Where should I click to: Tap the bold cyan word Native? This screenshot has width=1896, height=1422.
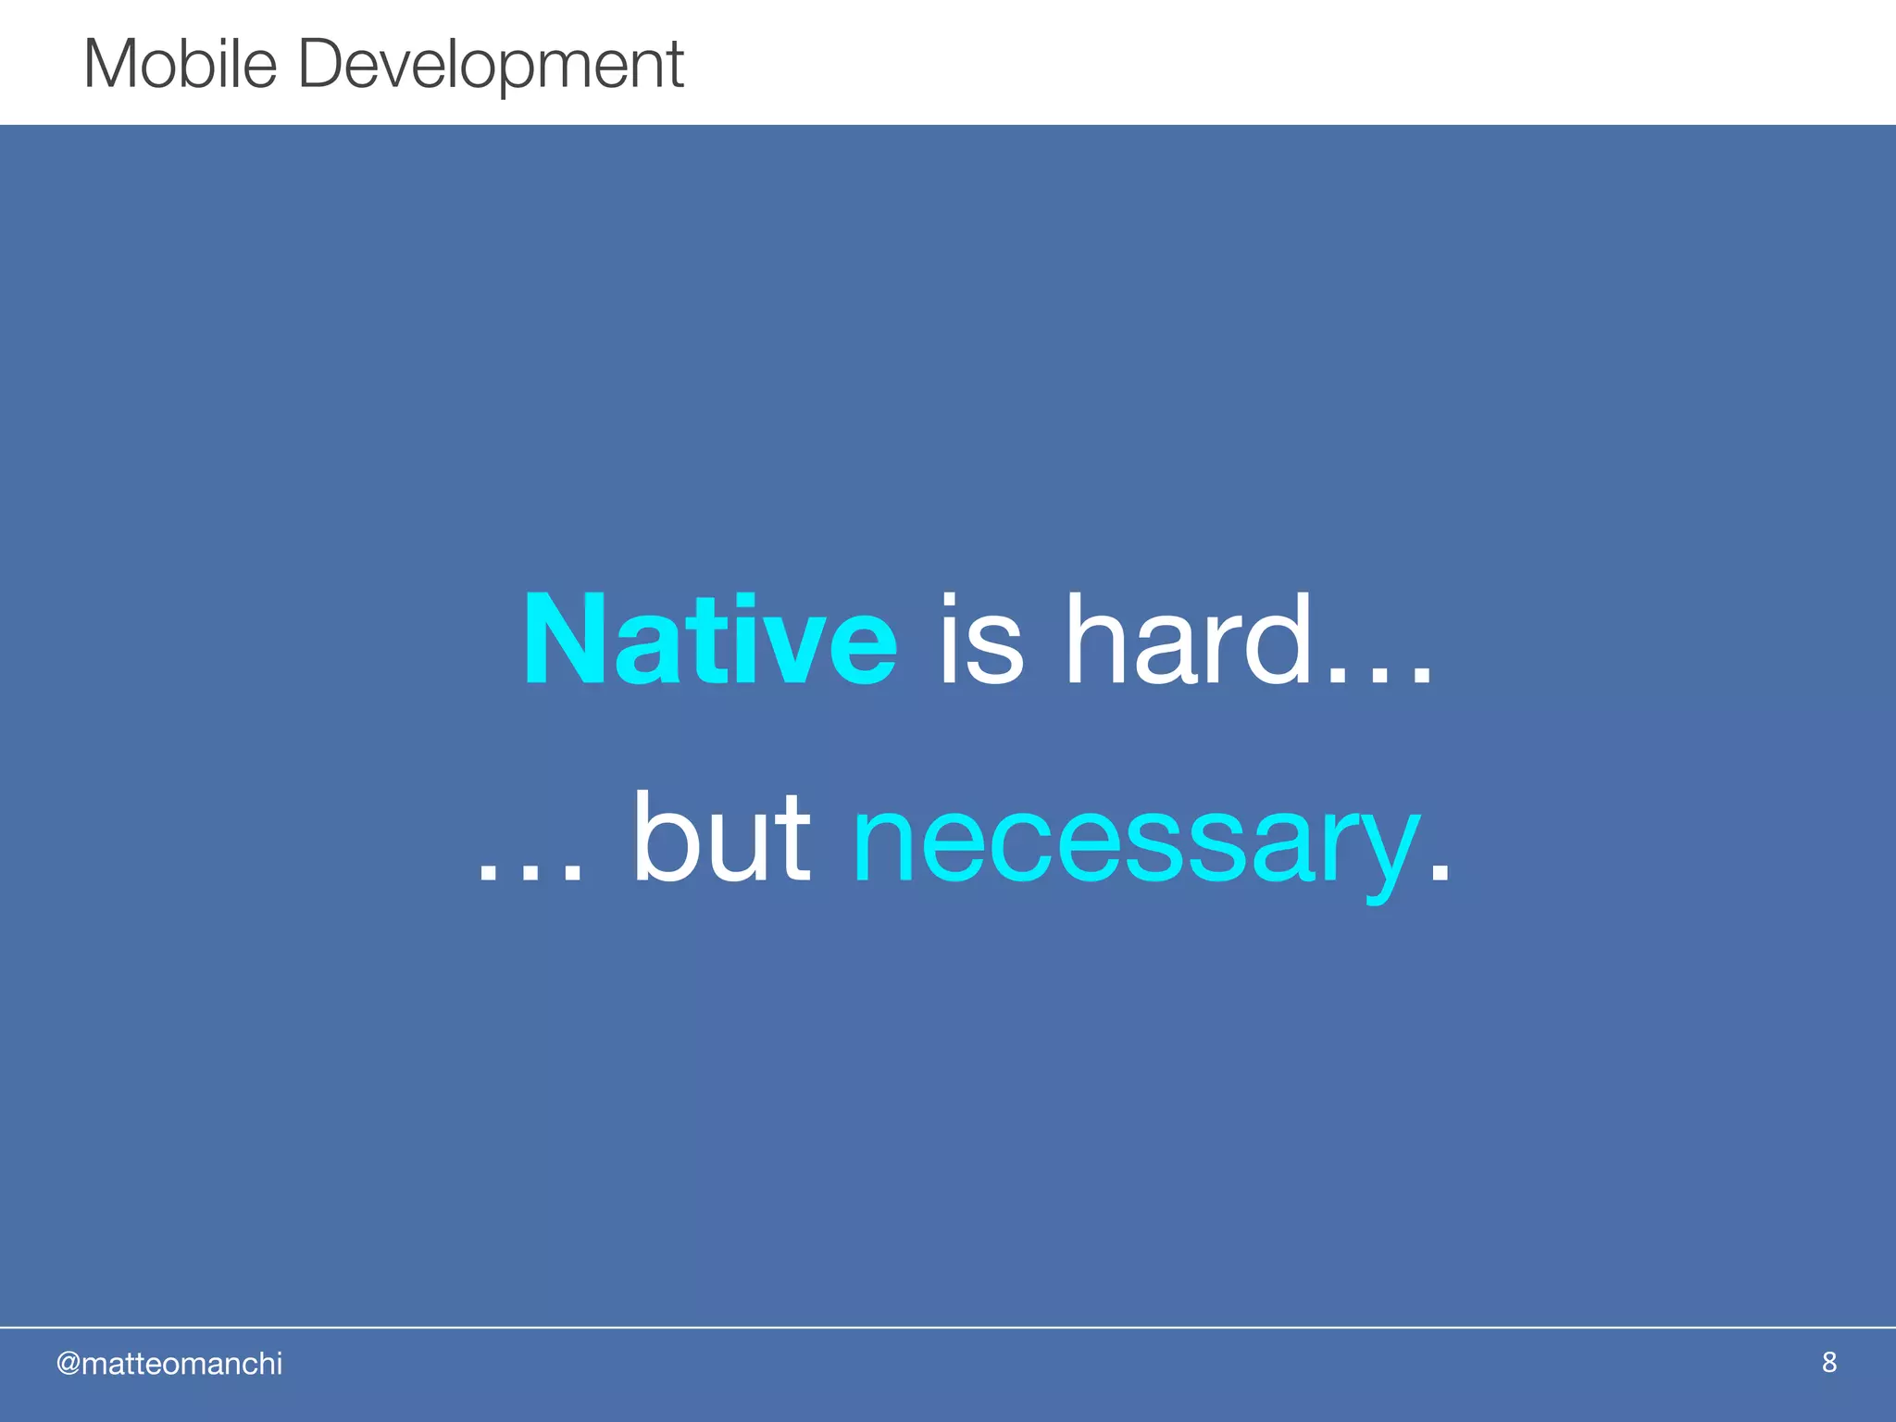point(709,641)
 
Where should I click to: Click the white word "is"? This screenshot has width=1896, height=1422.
point(981,641)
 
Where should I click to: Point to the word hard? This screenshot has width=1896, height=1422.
point(1189,641)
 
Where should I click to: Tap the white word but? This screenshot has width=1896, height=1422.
point(721,838)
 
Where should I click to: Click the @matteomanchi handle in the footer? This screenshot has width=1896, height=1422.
point(169,1364)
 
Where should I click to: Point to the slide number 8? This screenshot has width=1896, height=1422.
point(1828,1362)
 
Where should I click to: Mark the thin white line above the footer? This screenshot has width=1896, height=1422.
point(948,1327)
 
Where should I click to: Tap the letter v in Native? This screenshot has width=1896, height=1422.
point(795,653)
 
